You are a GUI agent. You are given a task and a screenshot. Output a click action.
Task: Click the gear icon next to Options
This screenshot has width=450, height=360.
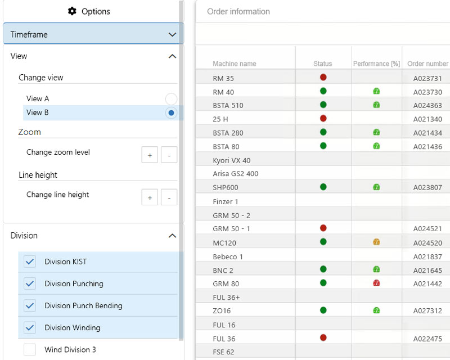pos(72,11)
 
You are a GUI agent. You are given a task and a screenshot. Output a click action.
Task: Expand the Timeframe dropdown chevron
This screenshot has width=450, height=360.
pos(172,34)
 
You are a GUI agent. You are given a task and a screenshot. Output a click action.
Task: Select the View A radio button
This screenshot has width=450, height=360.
pos(171,99)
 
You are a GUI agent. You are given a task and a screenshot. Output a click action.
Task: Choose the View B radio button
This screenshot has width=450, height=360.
pos(171,112)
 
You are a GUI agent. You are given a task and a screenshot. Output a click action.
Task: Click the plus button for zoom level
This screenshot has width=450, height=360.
pos(150,154)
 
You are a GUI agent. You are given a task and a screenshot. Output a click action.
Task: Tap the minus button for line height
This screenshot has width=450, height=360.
pos(169,197)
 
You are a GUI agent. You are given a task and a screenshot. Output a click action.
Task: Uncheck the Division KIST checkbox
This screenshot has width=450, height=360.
pos(30,262)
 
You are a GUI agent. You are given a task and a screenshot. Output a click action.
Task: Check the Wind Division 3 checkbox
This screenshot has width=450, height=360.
pos(30,350)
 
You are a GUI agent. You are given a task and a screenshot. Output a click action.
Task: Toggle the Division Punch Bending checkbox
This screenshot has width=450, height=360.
pos(30,305)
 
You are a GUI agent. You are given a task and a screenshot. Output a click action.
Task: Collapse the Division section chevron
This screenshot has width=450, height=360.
pos(172,236)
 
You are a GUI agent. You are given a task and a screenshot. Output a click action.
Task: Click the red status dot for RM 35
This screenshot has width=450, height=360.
pos(323,77)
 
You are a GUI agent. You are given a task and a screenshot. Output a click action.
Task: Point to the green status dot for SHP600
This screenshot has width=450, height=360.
pos(323,187)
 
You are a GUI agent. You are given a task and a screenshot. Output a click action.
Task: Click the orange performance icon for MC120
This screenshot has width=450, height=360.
pos(376,242)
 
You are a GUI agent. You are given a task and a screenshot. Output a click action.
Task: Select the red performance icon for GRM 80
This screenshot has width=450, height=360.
pos(376,283)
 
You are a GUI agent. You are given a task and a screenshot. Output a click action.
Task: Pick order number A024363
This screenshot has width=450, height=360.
pos(427,105)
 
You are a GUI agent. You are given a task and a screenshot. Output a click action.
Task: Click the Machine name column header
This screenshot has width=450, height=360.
pos(235,64)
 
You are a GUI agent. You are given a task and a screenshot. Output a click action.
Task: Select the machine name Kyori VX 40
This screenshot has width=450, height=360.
pos(232,160)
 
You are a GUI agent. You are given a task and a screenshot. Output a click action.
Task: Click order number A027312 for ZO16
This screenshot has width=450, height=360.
pos(427,310)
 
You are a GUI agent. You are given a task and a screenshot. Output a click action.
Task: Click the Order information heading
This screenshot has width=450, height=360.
pos(238,11)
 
